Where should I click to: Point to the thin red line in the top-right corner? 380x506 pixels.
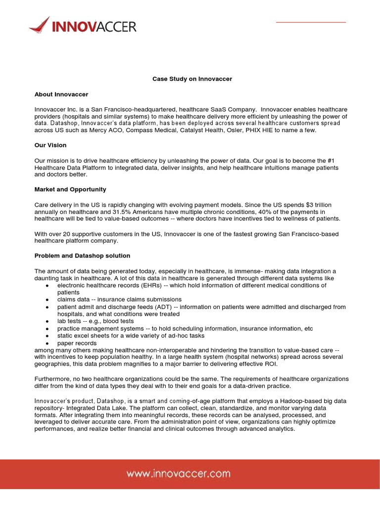(x=311, y=22)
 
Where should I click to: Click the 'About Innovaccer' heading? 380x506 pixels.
(x=61, y=94)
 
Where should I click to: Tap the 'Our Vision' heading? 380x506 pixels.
(x=50, y=145)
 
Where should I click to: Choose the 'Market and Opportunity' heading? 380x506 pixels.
(x=70, y=189)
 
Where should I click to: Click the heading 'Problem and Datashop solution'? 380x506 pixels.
(x=82, y=255)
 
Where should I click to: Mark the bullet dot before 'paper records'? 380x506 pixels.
(x=47, y=343)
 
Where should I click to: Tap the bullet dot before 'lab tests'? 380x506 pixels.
(x=47, y=322)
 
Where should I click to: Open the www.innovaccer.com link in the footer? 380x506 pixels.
(x=178, y=473)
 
